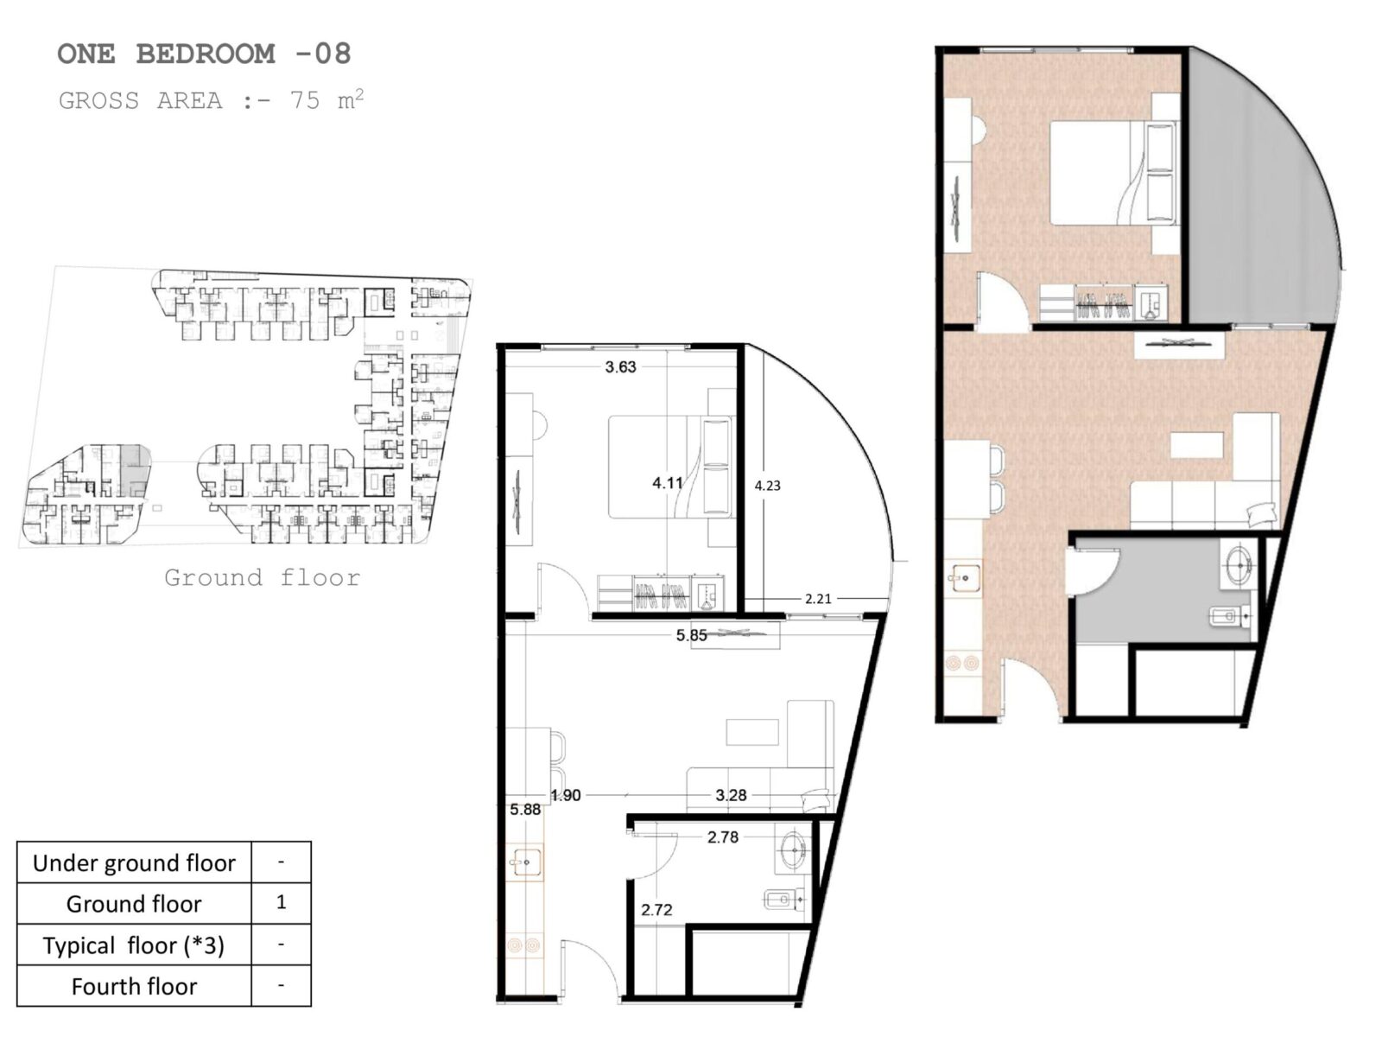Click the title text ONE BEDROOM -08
[204, 54]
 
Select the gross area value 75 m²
[326, 100]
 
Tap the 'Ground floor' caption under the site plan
[262, 577]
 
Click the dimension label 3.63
[620, 367]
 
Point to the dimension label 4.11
[668, 483]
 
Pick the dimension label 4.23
[768, 486]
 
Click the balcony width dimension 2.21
[818, 599]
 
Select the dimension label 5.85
[691, 635]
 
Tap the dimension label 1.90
[566, 795]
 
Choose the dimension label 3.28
[731, 795]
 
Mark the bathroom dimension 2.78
[723, 837]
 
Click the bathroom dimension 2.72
[656, 910]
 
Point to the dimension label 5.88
[525, 810]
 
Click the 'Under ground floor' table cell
[134, 862]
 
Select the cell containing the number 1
[281, 903]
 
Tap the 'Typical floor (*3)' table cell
[134, 945]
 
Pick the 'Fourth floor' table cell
[134, 986]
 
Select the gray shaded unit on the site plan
[133, 469]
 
